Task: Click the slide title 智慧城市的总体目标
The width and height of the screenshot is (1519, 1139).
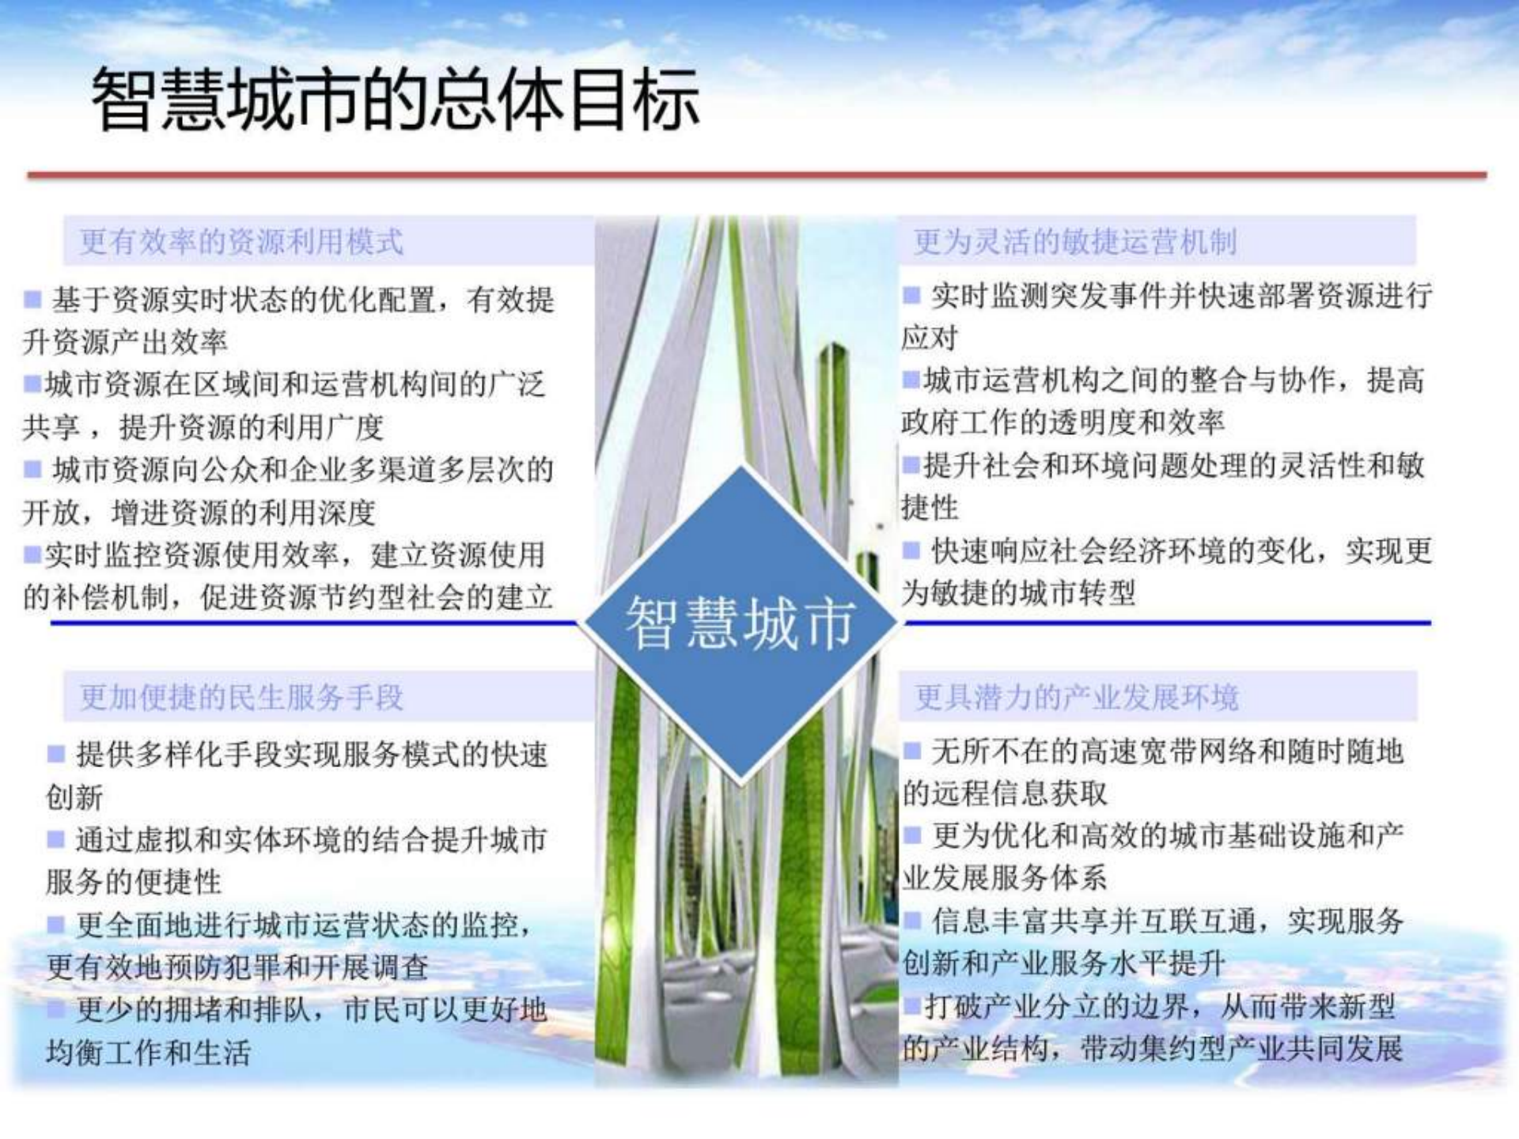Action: tap(396, 100)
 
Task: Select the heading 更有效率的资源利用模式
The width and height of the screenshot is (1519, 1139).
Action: tap(241, 241)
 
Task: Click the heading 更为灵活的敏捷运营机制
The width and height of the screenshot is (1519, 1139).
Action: tap(1075, 241)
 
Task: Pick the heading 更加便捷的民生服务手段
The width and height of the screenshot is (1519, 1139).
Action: tap(241, 697)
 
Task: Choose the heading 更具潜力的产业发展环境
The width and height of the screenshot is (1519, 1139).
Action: tap(1076, 697)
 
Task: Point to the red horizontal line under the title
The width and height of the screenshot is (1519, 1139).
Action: tap(756, 175)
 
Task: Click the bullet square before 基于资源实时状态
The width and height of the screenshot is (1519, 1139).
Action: tap(32, 300)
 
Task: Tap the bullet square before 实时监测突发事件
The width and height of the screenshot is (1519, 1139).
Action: tap(911, 295)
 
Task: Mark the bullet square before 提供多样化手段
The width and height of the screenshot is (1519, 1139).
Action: tap(55, 754)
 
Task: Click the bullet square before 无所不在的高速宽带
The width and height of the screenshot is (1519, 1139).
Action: tap(912, 750)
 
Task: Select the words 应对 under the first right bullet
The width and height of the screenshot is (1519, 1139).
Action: tap(930, 338)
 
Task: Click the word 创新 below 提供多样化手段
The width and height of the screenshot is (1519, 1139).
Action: tap(74, 797)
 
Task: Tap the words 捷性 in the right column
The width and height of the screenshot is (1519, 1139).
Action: tap(930, 507)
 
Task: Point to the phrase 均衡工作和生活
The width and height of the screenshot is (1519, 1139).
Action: tap(148, 1053)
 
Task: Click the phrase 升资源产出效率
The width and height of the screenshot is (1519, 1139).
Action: tap(125, 342)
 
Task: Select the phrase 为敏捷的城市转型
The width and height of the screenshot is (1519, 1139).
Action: tap(1018, 592)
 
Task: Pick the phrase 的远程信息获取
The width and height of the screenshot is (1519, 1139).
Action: tap(1005, 793)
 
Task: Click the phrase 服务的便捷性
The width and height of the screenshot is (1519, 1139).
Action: tap(133, 882)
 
